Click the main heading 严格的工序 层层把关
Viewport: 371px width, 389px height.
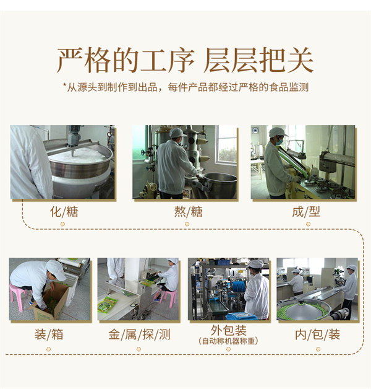click(185, 60)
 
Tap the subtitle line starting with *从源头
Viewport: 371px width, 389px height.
click(185, 87)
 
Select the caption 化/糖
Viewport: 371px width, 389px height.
click(64, 212)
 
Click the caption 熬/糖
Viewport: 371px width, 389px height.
click(188, 212)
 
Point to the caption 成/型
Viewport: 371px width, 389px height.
click(306, 212)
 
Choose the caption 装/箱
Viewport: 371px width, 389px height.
click(49, 334)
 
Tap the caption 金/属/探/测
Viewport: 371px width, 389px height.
click(140, 334)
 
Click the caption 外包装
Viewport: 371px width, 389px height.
click(229, 330)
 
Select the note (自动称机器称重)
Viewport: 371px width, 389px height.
click(228, 341)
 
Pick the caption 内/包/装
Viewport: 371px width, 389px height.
click(317, 334)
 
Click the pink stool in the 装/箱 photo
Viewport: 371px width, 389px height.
click(18, 296)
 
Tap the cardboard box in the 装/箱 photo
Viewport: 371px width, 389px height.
click(51, 302)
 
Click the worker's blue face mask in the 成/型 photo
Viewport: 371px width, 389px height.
click(279, 142)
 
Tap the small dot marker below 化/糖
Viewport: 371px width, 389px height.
click(62, 224)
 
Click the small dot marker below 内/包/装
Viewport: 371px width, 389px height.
click(318, 349)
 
